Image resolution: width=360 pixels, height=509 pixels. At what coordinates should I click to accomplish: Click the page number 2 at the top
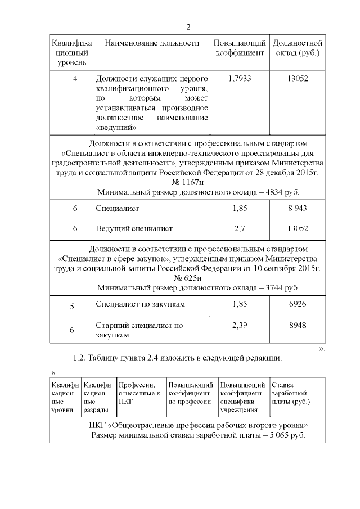point(188,27)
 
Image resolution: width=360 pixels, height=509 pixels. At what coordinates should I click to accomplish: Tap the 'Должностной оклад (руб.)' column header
point(296,48)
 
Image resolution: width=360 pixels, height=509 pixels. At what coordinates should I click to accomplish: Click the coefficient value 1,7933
point(240,79)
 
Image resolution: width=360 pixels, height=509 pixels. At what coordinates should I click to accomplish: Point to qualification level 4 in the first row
point(75,79)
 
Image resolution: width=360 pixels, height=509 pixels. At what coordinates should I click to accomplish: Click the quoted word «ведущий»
point(116,127)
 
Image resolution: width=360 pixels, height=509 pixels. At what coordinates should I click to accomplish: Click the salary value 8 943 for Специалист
point(297,209)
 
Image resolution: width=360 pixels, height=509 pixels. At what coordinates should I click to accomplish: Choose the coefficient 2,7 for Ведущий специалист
point(240,229)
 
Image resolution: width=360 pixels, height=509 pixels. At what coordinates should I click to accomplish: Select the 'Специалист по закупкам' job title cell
point(141,304)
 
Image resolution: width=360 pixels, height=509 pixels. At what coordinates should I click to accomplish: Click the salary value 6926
point(297,304)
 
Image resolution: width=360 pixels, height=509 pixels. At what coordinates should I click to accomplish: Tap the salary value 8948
point(297,325)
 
